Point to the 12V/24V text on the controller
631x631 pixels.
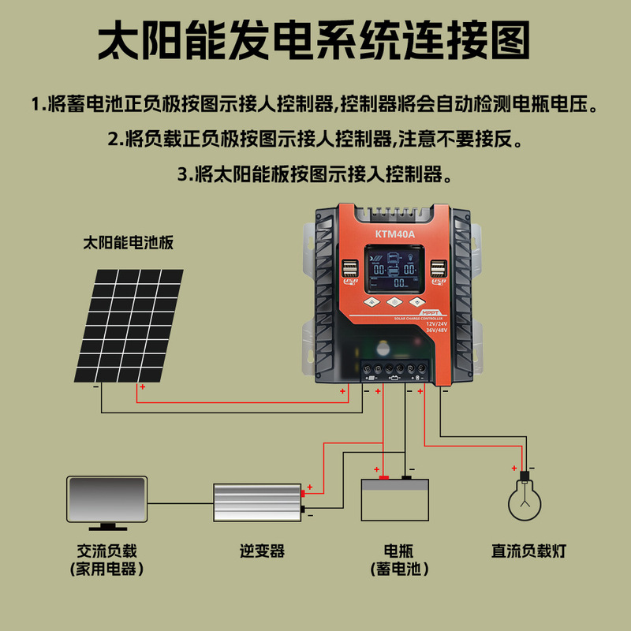tap(435, 323)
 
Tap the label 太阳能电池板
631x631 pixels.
tap(128, 243)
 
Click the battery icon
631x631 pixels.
tap(394, 498)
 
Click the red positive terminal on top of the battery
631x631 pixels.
tap(383, 477)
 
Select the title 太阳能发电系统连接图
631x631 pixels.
tap(314, 41)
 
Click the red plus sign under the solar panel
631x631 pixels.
tap(142, 387)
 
